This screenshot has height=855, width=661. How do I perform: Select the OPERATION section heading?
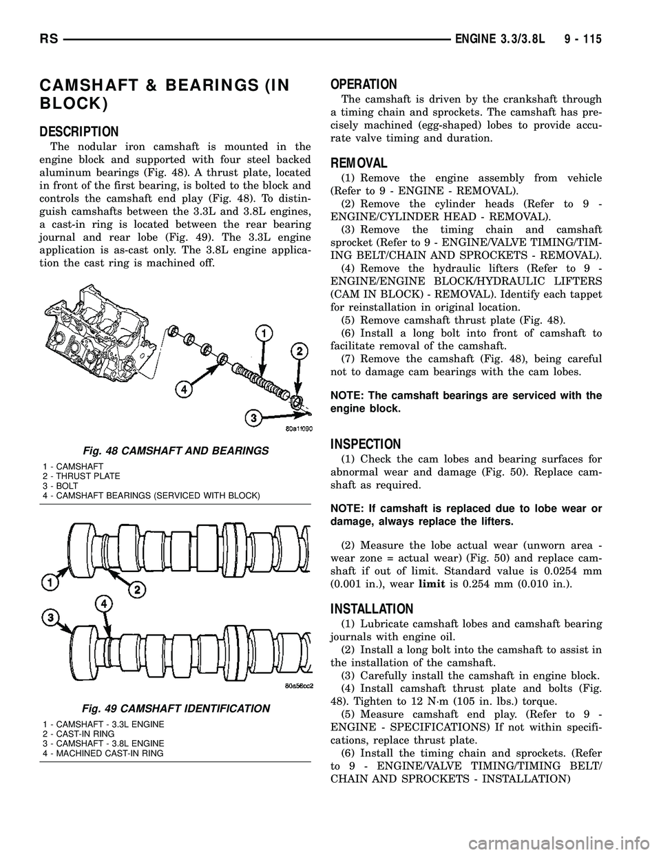pyautogui.click(x=364, y=85)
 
